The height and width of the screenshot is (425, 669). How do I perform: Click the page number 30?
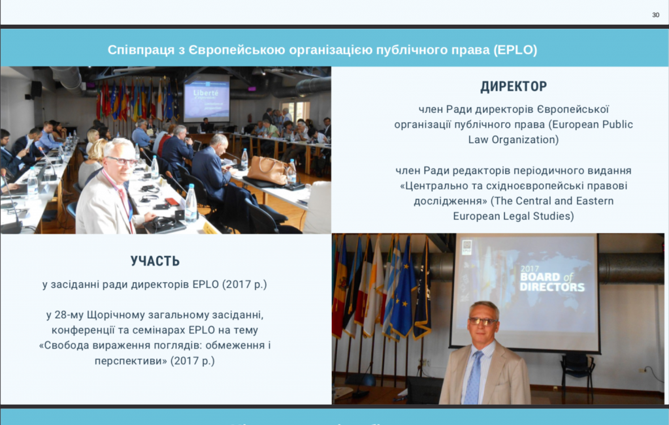point(656,15)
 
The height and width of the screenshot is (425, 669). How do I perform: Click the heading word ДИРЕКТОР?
point(514,87)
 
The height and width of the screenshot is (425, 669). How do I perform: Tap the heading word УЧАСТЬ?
point(155,261)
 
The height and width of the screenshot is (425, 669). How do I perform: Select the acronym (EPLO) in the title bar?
point(515,50)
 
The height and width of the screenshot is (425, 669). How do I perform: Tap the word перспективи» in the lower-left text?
point(131,360)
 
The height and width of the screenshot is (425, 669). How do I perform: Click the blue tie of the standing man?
point(474,378)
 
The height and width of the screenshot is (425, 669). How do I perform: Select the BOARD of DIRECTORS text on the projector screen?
point(552,282)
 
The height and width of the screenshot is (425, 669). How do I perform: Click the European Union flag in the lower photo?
point(402,289)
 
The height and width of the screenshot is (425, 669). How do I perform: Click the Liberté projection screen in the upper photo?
point(206,99)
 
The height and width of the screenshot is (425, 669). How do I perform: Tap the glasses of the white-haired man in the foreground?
point(122,161)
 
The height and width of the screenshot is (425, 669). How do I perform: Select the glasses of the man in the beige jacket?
point(483,321)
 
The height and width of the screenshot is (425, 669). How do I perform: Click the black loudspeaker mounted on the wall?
point(36,89)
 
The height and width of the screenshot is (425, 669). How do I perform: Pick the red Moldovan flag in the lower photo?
point(340,290)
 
